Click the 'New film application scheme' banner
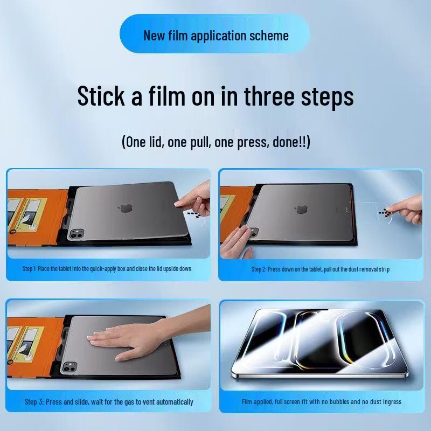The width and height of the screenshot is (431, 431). (x=215, y=36)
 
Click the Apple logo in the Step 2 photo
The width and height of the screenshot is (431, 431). (x=301, y=207)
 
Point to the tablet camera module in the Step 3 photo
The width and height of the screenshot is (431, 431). (x=69, y=367)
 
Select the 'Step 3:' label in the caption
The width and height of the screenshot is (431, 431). (x=38, y=402)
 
